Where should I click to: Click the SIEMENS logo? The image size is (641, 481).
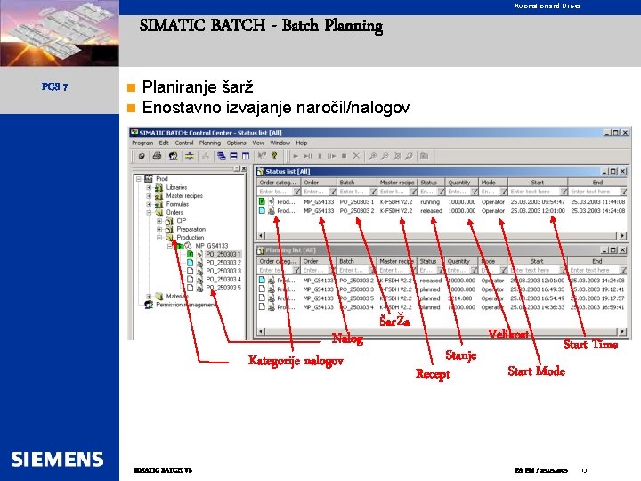click(57, 459)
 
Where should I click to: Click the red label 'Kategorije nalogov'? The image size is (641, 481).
click(296, 361)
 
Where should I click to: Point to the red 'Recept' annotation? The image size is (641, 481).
click(433, 374)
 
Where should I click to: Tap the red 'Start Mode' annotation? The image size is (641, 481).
click(536, 371)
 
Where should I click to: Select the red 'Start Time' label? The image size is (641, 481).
click(590, 344)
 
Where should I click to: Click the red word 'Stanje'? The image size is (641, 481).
click(460, 355)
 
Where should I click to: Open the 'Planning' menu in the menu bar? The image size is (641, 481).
click(210, 143)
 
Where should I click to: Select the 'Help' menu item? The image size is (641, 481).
click(302, 143)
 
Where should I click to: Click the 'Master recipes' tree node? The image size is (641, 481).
click(184, 196)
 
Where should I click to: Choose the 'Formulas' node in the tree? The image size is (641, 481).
click(177, 204)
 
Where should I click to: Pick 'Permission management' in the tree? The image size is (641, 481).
click(186, 305)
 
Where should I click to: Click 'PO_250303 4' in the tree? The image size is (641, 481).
click(223, 280)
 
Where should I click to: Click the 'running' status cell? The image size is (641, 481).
click(430, 202)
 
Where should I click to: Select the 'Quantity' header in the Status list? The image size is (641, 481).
click(459, 183)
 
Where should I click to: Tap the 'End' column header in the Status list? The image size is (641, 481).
click(597, 183)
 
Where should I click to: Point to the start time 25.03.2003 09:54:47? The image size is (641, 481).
click(538, 202)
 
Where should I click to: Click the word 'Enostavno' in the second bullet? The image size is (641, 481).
click(178, 109)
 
